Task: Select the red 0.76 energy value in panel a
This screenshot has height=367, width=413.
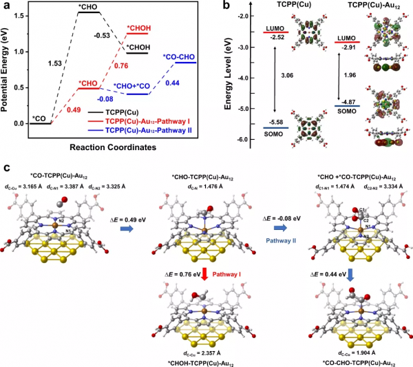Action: (x=121, y=66)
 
